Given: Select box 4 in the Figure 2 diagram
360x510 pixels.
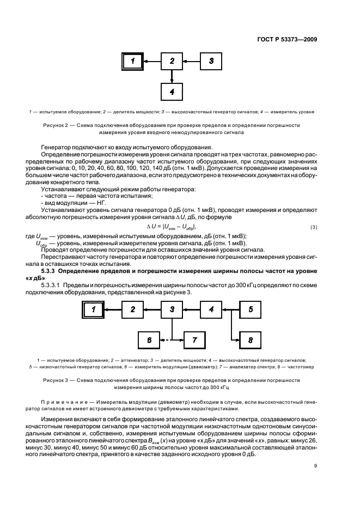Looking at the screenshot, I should pyautogui.click(x=172, y=92).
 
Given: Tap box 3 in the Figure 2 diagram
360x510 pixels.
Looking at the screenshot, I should pyautogui.click(x=212, y=61).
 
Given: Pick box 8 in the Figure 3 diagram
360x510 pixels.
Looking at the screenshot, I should pyautogui.click(x=250, y=339).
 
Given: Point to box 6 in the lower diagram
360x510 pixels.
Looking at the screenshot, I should pyautogui.click(x=148, y=339).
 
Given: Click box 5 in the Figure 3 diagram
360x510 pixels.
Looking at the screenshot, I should pyautogui.click(x=250, y=309).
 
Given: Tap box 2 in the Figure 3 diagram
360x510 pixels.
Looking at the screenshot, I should pyautogui.click(x=132, y=309).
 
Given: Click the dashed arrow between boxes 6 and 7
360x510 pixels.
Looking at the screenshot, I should pyautogui.click(x=171, y=339).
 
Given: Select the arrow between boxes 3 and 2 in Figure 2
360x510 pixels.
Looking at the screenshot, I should pyautogui.click(x=192, y=61).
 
